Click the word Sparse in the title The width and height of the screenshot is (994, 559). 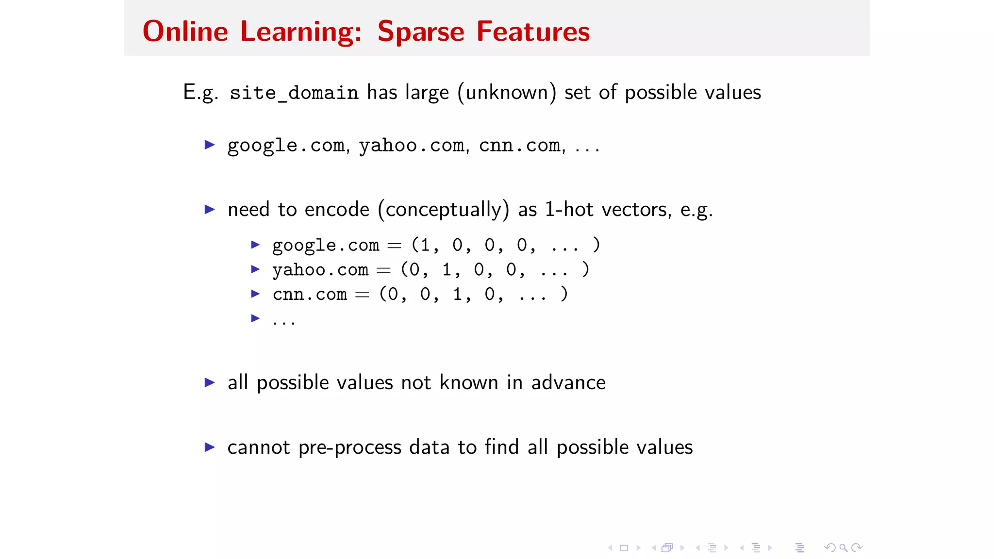[420, 32]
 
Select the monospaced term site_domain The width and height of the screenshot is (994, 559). [294, 93]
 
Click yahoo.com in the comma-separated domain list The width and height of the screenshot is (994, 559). [412, 146]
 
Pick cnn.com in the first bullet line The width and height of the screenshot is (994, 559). [519, 146]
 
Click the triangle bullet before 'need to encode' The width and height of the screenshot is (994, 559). [210, 210]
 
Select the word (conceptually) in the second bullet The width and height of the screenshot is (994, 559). [443, 210]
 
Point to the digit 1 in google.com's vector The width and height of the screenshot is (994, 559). [425, 245]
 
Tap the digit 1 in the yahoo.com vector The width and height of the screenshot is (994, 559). [447, 270]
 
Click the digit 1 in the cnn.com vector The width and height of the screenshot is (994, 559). [457, 294]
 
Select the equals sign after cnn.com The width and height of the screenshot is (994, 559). [362, 295]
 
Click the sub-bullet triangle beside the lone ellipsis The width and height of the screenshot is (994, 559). [255, 318]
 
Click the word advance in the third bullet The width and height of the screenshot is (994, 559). [568, 383]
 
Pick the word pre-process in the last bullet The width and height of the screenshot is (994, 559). [349, 447]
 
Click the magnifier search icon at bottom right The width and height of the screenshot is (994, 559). [844, 548]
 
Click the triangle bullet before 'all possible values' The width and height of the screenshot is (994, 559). [210, 383]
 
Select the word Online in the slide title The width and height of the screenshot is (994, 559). [185, 32]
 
